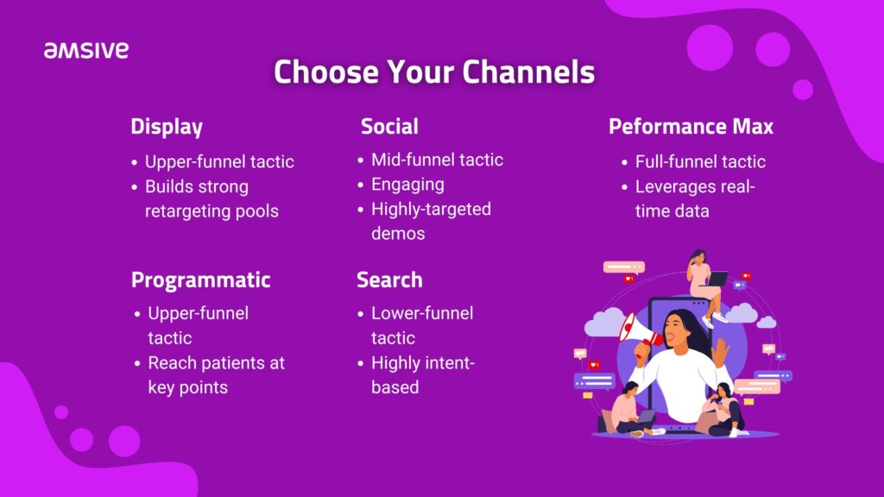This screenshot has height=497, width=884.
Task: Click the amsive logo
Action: click(x=86, y=50)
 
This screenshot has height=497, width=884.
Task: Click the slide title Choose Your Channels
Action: click(x=434, y=72)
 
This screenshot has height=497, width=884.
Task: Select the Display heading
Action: click(x=167, y=127)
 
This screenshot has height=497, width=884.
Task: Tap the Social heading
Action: click(x=389, y=126)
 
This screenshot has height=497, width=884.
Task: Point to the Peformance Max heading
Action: click(x=691, y=126)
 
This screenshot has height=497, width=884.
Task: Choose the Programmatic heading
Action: click(x=200, y=280)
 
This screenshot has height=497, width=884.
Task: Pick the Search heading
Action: click(x=389, y=280)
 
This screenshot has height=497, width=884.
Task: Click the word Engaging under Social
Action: click(x=407, y=185)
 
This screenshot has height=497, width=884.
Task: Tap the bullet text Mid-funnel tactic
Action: click(x=437, y=160)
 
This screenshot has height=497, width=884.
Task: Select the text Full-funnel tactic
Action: click(x=700, y=161)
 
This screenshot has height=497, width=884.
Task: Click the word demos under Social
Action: click(x=398, y=233)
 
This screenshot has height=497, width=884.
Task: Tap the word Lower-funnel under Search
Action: click(x=422, y=313)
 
